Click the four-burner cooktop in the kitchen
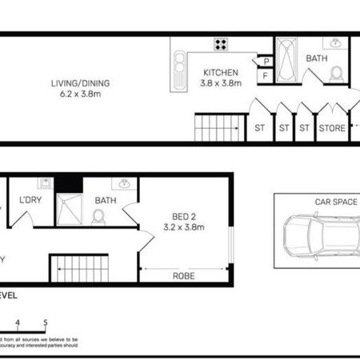click(222, 45)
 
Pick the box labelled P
click(265, 62)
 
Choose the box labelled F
click(265, 76)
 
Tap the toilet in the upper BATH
click(336, 74)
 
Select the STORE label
click(332, 126)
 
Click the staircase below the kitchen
click(218, 127)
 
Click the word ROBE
click(185, 276)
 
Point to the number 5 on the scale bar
click(46, 323)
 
